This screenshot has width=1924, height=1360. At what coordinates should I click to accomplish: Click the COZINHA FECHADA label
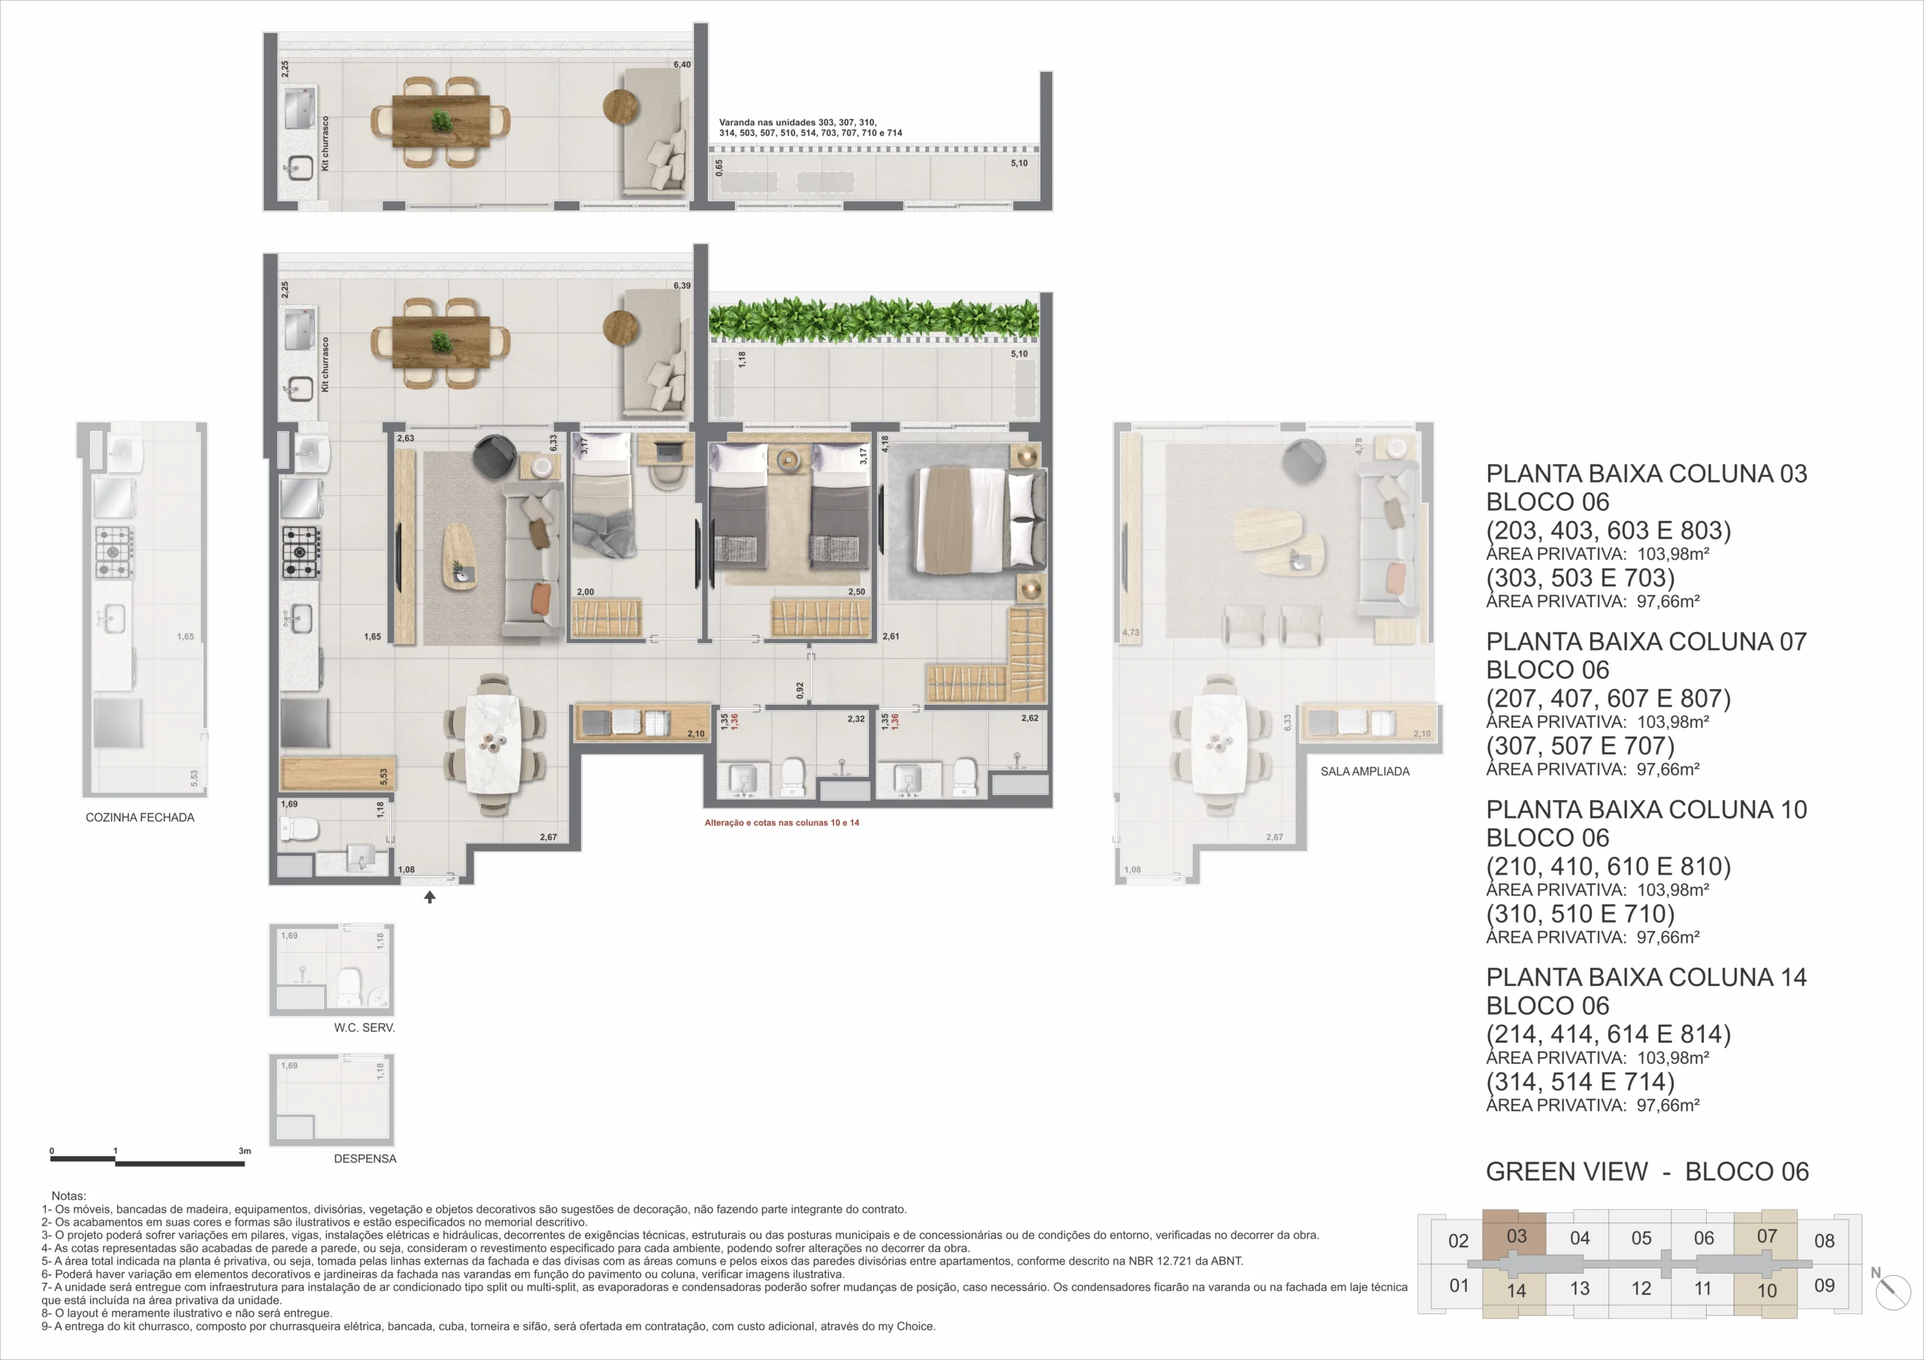[140, 817]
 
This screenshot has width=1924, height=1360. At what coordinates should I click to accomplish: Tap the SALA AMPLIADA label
[1364, 771]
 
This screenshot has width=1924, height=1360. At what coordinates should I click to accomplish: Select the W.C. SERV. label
[364, 1027]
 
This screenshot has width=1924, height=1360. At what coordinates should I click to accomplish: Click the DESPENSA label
[365, 1158]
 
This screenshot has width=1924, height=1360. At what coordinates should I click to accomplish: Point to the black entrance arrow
[430, 896]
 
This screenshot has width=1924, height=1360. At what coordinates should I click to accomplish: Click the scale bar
[147, 1161]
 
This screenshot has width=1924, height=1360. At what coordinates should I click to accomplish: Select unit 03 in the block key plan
[1515, 1237]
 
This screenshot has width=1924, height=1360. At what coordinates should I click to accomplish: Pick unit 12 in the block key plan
[1640, 1288]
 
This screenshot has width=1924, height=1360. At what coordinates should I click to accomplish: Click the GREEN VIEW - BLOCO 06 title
[1647, 1171]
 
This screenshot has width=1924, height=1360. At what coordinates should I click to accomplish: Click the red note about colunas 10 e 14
[781, 823]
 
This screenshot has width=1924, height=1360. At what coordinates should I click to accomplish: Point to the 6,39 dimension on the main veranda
[682, 286]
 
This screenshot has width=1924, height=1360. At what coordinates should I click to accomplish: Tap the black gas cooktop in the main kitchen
[300, 552]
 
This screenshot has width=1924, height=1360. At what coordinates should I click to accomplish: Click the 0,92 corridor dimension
[800, 691]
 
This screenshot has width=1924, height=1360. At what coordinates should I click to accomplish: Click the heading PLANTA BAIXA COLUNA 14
[1645, 977]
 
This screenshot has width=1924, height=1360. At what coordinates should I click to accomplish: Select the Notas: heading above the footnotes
[68, 1195]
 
